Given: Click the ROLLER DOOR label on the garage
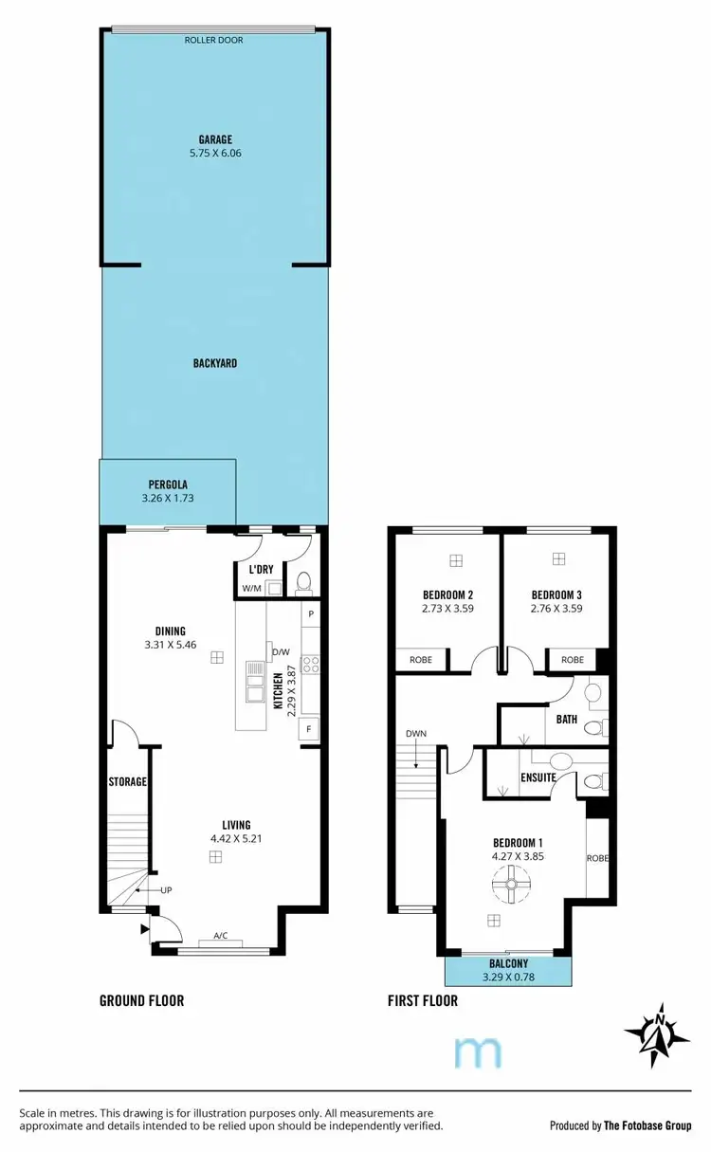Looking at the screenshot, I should click(215, 41).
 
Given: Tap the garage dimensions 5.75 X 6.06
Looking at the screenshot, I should click(215, 153).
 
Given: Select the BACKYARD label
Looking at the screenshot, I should click(215, 363).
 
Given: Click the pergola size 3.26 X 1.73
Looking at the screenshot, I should click(167, 498).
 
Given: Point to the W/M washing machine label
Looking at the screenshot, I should click(250, 589).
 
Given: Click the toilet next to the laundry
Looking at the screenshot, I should click(303, 582).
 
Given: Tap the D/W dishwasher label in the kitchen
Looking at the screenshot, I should click(281, 652).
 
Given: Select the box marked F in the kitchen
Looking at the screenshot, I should click(308, 729).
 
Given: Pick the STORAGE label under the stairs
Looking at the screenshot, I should click(127, 782).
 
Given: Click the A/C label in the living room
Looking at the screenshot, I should click(220, 936).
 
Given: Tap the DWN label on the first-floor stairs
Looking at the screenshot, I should click(415, 734).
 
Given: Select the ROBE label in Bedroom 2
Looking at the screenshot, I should click(421, 660).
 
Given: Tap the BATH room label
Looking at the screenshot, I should click(567, 720).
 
